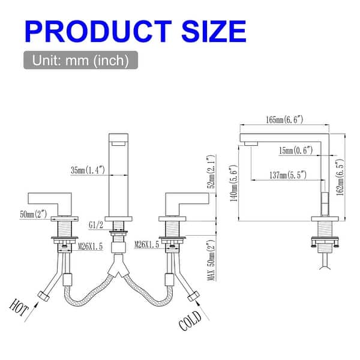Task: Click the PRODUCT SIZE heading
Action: [135, 30]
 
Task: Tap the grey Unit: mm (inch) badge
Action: [80, 61]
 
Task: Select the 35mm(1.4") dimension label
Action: [88, 170]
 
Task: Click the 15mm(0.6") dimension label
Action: [295, 151]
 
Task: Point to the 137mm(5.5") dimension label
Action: [287, 175]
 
